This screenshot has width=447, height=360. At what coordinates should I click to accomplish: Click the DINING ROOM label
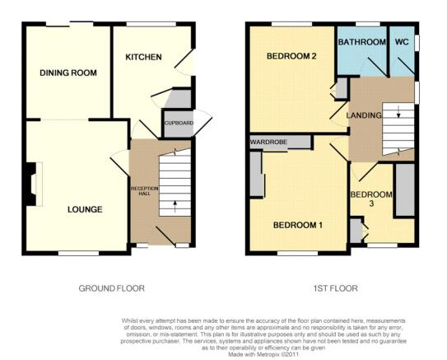[68, 72]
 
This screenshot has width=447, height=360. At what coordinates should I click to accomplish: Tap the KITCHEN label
[143, 57]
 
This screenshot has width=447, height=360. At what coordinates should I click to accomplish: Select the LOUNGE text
[85, 210]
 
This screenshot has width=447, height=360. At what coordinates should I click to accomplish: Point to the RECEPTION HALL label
[144, 191]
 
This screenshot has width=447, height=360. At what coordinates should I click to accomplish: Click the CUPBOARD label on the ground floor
[179, 123]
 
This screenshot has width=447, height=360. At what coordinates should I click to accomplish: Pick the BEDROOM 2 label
[291, 56]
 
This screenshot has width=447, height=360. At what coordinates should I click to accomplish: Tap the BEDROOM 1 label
[298, 226]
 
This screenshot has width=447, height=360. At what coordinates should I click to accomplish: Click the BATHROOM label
[362, 42]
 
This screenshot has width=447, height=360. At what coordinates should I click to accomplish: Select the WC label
[402, 42]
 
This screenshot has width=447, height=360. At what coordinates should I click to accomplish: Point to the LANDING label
[364, 115]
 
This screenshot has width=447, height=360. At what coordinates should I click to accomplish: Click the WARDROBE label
[268, 142]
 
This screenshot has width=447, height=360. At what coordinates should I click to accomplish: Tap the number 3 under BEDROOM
[371, 204]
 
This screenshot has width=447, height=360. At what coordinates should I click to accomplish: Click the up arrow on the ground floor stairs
[175, 207]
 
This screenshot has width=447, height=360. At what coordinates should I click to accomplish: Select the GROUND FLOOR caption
[111, 288]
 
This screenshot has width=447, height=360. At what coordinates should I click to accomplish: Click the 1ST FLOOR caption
[336, 288]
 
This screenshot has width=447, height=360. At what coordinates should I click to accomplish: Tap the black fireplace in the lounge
[30, 184]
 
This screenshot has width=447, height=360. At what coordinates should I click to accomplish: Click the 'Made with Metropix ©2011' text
[263, 354]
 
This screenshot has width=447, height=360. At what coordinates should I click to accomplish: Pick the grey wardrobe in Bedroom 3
[405, 190]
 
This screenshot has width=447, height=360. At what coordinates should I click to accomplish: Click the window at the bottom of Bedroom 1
[298, 253]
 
